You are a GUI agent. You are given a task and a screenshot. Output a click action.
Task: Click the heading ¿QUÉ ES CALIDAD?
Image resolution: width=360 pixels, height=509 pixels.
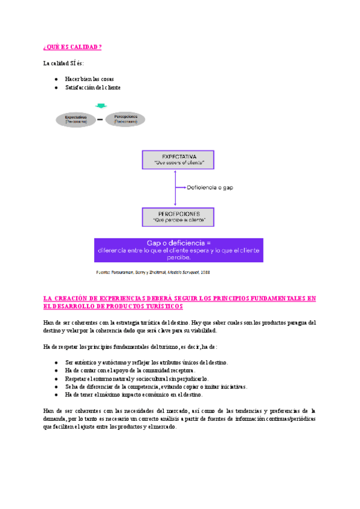(x=73, y=47)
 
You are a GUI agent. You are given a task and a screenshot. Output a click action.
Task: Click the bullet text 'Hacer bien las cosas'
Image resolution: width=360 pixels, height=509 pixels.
(x=89, y=79)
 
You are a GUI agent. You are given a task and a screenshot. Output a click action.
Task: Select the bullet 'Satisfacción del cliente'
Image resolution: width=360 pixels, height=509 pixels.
(x=93, y=88)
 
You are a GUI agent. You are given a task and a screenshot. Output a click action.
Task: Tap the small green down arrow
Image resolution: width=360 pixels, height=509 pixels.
(x=101, y=106)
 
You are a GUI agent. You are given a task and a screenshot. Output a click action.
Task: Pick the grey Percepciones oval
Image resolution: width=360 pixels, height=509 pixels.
(x=126, y=119)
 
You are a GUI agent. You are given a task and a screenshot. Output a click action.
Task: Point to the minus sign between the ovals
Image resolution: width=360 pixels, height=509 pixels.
(x=100, y=119)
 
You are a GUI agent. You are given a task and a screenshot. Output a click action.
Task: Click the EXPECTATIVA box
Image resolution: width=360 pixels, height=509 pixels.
(x=179, y=159)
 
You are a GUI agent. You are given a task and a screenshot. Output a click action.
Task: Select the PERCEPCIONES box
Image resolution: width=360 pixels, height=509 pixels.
(x=179, y=217)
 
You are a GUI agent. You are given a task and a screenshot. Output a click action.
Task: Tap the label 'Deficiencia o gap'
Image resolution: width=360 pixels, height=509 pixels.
(x=210, y=188)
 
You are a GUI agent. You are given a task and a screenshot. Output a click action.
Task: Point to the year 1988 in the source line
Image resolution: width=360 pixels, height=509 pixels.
(x=205, y=272)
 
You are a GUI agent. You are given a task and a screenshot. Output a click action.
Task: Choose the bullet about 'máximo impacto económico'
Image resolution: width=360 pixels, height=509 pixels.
(x=134, y=395)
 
